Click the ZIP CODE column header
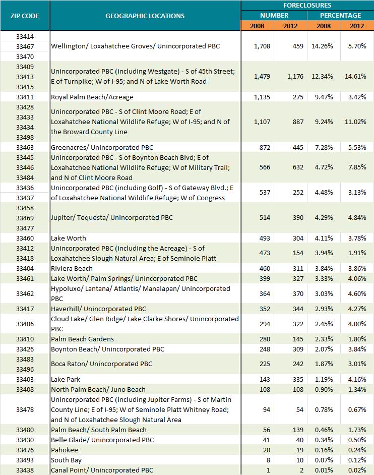click(24, 16)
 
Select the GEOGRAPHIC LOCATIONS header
click(145, 16)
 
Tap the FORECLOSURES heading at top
click(307, 5)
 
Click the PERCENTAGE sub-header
click(340, 15)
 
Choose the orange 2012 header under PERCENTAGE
click(357, 25)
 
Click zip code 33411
click(25, 97)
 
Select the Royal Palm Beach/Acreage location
click(92, 97)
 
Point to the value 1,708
click(262, 46)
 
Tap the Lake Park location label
click(66, 379)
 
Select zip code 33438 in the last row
click(25, 470)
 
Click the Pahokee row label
click(65, 450)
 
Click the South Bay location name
click(66, 460)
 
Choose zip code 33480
click(25, 430)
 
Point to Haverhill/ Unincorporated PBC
click(98, 309)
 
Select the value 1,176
click(295, 76)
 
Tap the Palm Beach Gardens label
click(82, 339)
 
